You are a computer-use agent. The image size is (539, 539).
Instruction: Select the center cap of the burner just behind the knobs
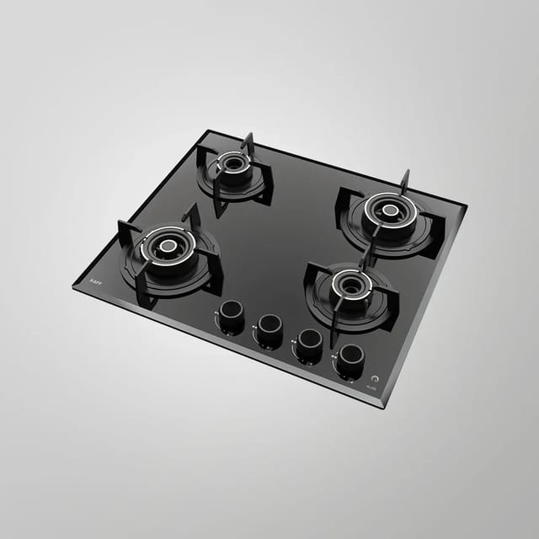[x=350, y=283]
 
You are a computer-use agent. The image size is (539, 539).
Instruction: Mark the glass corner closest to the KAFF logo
[x=74, y=286]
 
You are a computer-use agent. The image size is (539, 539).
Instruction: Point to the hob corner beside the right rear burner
[x=466, y=204]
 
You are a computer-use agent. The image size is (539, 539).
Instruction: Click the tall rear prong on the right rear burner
[x=405, y=179]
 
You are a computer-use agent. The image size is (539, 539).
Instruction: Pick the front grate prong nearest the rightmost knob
[x=335, y=332]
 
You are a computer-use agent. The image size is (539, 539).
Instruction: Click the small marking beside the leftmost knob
[x=216, y=313]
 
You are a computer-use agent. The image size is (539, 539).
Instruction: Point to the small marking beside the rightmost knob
[x=334, y=355]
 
